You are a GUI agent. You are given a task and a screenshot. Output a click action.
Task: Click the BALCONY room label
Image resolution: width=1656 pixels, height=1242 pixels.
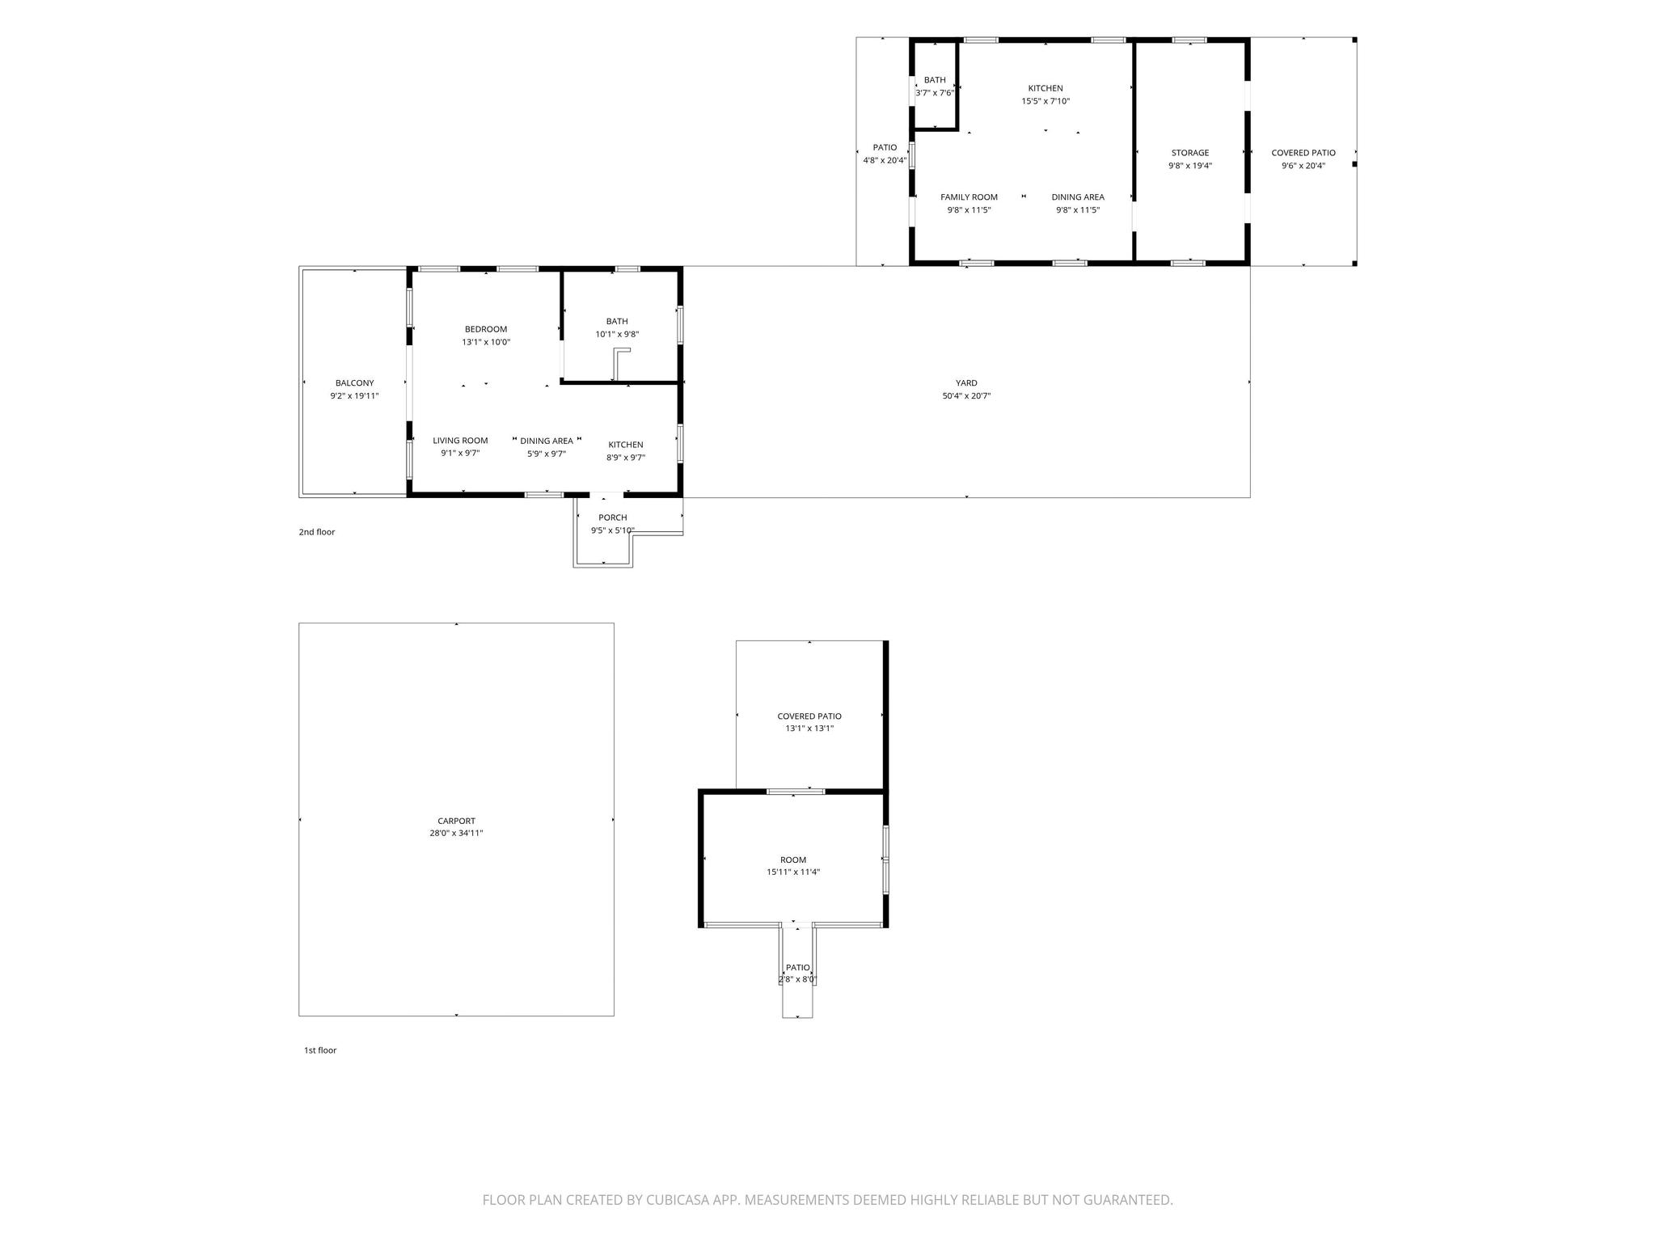coord(354,383)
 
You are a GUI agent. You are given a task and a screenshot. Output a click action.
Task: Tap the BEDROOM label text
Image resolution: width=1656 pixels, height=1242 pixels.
coord(486,329)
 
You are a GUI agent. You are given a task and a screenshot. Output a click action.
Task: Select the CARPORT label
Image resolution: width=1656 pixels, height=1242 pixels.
coord(456,821)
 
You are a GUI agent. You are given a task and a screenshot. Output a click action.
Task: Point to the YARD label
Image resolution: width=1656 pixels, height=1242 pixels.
coord(966,383)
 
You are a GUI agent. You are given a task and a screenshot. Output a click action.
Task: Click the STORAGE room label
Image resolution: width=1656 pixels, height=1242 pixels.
coord(1190,153)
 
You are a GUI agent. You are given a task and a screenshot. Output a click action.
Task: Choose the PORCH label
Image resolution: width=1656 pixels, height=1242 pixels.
coord(613,517)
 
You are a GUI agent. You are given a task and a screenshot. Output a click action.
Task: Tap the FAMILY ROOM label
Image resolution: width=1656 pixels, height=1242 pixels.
coord(969,197)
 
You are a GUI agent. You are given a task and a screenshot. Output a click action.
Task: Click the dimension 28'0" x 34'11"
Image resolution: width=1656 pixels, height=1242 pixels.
coord(456,833)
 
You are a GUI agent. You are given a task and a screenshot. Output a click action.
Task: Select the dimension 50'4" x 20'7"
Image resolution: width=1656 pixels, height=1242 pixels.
coord(966,396)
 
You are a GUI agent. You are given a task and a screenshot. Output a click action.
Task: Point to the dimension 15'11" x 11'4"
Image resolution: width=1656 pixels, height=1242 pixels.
coord(793,872)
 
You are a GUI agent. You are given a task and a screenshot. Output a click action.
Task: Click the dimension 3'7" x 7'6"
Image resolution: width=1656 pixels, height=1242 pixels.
coord(935,93)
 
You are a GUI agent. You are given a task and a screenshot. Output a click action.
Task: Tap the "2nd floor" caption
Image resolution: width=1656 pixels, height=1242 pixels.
coord(317,532)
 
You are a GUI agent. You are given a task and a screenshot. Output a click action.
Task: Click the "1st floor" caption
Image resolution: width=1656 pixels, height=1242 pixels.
coord(320,1050)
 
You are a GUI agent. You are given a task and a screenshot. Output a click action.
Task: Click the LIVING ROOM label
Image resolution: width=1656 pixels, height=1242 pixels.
coord(460,441)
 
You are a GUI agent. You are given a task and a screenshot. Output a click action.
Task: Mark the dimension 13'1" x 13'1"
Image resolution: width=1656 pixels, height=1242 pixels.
coord(809,729)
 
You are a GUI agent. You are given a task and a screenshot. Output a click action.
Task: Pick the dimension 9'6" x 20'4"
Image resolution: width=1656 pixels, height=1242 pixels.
coord(1303,166)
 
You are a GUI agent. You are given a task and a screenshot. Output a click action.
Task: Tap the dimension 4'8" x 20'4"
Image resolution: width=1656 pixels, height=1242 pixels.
coord(885,160)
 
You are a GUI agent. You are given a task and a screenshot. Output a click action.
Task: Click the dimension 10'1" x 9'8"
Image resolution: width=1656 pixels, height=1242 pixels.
coord(617,334)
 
